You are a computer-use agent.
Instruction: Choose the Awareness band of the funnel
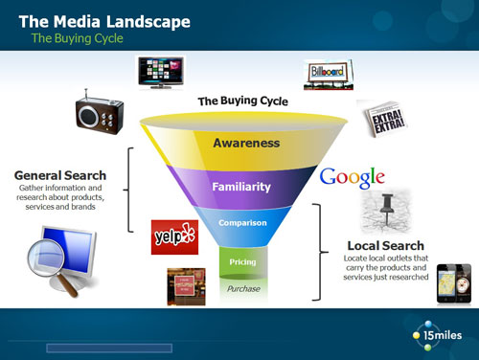pos(245,143)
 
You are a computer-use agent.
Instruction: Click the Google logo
pos(352,178)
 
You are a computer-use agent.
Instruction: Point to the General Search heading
pos(59,175)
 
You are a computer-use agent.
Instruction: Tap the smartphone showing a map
pos(452,286)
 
